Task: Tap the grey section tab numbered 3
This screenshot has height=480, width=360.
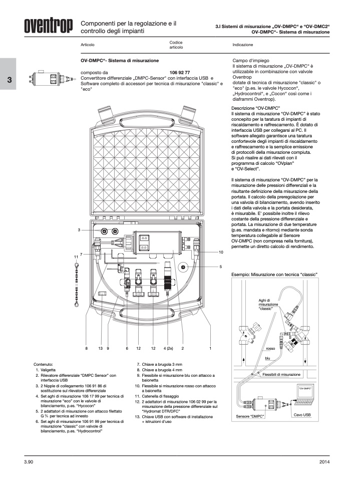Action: point(9,80)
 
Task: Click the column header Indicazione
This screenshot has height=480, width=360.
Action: point(246,45)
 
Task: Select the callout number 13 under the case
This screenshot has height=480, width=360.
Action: point(100,348)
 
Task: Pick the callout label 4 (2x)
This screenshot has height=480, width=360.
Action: point(168,348)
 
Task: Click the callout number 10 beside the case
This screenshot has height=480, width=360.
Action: point(220,252)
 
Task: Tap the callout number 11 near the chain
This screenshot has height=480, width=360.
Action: point(76,257)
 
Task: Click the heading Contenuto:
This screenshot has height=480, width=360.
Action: point(44,364)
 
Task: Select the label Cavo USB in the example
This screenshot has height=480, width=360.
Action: point(300,415)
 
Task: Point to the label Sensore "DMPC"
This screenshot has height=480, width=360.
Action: point(249,416)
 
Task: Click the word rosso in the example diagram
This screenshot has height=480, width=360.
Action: point(271,348)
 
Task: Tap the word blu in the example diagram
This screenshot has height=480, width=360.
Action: point(267,358)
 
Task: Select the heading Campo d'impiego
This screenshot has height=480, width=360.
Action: point(252,60)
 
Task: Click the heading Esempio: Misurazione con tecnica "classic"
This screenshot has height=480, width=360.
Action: point(274,275)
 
